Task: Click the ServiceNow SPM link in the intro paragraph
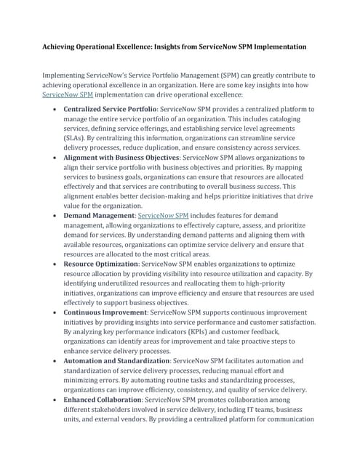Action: (68, 94)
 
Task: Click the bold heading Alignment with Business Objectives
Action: (121, 157)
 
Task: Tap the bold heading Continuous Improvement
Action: (105, 312)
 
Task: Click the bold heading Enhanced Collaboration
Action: (103, 400)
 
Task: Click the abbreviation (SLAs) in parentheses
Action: (76, 137)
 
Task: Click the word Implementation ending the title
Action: (276, 46)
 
